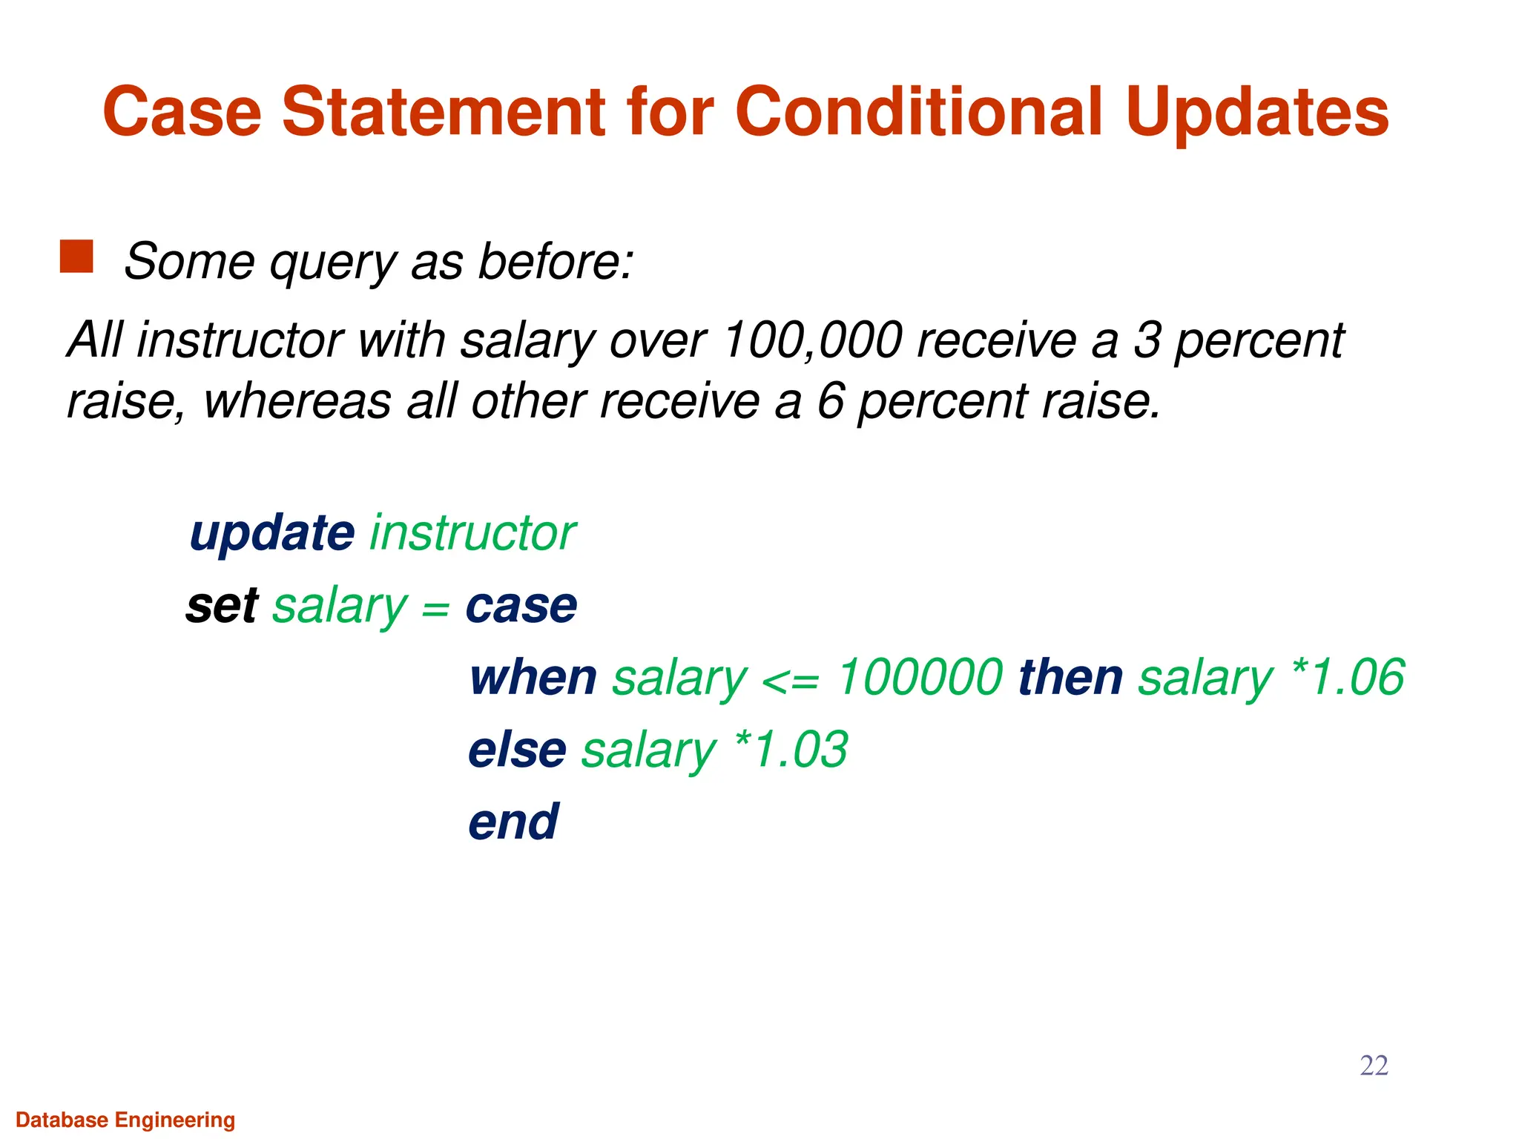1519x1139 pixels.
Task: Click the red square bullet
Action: pos(76,257)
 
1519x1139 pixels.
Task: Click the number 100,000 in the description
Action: pos(812,340)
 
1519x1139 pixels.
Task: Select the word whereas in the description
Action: pos(297,401)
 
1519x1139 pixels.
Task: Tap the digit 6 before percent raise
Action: pos(831,401)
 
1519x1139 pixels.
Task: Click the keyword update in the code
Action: pos(272,533)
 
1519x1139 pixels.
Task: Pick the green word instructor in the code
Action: pos(472,533)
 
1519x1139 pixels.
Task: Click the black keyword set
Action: pos(222,606)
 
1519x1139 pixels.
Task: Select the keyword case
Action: pos(521,606)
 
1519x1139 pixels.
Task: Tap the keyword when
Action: pos(533,678)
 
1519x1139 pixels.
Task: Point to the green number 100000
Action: pos(920,678)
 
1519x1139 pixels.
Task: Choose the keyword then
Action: pos(1070,678)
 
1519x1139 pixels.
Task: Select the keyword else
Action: pos(517,750)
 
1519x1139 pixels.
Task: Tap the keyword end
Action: pos(513,822)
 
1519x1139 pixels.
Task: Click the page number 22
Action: pos(1374,1066)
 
